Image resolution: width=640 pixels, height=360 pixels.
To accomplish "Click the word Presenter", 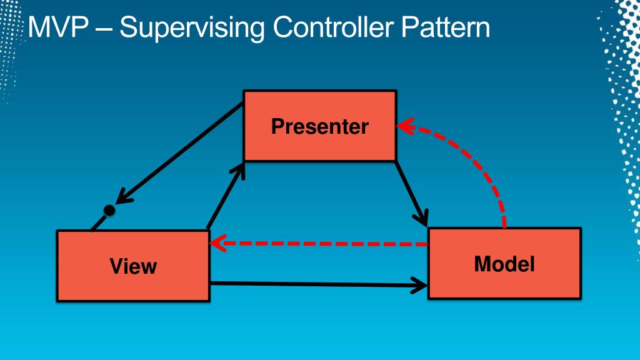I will [x=319, y=127].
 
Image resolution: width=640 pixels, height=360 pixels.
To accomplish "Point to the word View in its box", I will [x=132, y=267].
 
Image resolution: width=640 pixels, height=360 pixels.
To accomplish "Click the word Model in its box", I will [x=504, y=264].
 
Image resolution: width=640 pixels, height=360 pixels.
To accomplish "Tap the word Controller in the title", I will [x=334, y=28].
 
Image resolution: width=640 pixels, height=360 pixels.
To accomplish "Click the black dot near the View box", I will [x=109, y=211].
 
